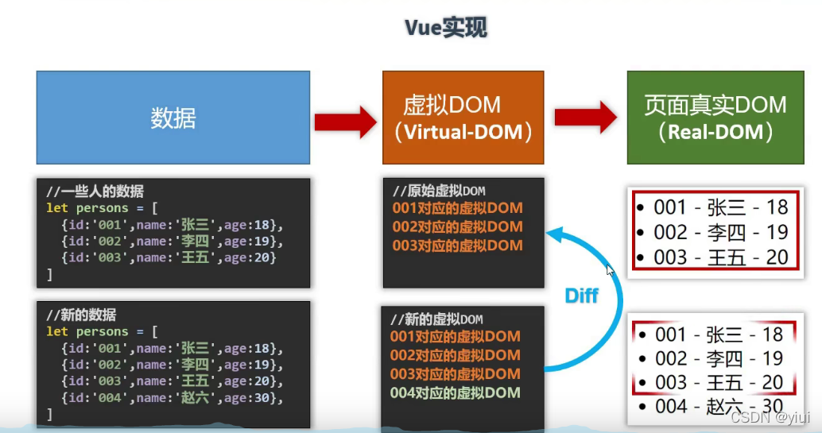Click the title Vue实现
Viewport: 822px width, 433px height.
[445, 28]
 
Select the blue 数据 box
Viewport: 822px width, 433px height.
[173, 118]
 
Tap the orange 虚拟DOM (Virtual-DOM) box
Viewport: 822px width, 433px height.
[463, 118]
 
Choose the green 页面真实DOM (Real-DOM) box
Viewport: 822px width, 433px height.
[715, 118]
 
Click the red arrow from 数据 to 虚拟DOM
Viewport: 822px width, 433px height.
[345, 122]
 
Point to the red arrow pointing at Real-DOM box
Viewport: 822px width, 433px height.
[586, 117]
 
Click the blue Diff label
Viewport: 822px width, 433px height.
[581, 296]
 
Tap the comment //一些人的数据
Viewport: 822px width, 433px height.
[95, 191]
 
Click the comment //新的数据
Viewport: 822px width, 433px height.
[81, 315]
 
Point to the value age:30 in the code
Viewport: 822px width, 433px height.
[254, 397]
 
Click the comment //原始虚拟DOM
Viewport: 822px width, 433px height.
[439, 191]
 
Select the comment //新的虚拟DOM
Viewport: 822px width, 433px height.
[436, 319]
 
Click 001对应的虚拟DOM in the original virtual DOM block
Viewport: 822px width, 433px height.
[457, 208]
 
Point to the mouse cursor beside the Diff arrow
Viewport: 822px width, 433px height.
[610, 270]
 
